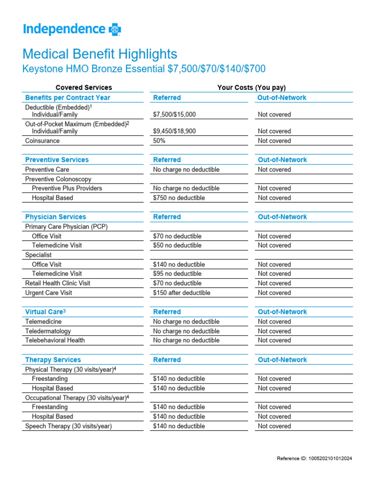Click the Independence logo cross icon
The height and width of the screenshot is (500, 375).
[x=115, y=30]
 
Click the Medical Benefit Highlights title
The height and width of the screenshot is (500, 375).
[x=100, y=54]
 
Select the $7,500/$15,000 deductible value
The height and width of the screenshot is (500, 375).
[x=174, y=114]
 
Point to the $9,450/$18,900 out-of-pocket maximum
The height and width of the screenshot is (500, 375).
[x=174, y=131]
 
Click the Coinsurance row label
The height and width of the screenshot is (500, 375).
[x=42, y=141]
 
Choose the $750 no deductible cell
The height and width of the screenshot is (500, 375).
[x=179, y=198]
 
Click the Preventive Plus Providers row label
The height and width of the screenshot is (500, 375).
[x=67, y=188]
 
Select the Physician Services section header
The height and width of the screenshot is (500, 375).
[x=56, y=217]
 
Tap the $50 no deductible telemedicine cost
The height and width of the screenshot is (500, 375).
[x=177, y=245]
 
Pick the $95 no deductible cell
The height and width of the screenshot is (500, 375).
[x=177, y=273]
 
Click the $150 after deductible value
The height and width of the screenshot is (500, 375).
[x=182, y=293]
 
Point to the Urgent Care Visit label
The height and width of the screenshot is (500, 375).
[x=51, y=293]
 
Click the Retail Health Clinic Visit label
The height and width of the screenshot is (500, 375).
[x=58, y=283]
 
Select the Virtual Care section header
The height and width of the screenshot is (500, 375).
[x=45, y=312]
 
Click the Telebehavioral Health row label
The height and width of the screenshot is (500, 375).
[x=55, y=340]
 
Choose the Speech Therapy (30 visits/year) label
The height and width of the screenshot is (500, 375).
[x=68, y=426]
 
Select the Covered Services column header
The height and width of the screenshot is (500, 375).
[x=83, y=87]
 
